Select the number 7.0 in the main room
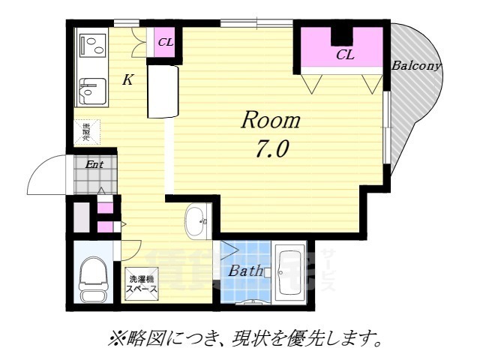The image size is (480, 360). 270,149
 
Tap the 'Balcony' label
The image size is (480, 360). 416,65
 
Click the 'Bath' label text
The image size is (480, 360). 245,271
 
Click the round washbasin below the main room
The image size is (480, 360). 199,220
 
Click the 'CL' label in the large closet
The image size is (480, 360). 344,54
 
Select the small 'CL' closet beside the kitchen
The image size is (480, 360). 165,42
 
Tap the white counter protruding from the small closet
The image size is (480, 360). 163,90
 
